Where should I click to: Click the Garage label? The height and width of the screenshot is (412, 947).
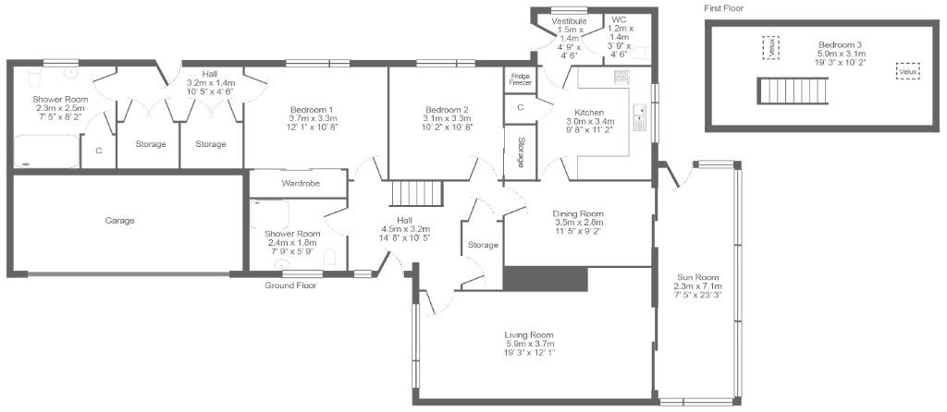coord(119,221)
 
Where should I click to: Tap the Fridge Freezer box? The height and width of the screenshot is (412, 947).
coord(520,79)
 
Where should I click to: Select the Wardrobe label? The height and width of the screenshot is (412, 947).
coord(301,184)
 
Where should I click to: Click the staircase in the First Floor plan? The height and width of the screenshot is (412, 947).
coord(792,91)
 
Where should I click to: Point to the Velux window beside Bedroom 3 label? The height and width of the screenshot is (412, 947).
coord(770,48)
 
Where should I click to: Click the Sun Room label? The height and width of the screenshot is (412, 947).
coord(697,286)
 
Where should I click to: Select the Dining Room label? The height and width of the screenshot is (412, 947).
coord(579,222)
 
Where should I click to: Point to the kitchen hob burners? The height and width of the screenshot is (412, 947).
coord(621,77)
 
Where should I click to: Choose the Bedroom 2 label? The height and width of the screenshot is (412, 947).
coord(447,117)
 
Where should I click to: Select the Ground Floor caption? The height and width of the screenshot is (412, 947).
coord(290,285)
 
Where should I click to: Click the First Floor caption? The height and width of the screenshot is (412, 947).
coord(723,8)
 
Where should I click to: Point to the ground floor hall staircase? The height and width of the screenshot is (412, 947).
coord(417,193)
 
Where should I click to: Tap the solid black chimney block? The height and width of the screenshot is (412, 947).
coord(546,279)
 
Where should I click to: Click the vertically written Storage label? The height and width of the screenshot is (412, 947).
coord(520,152)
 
